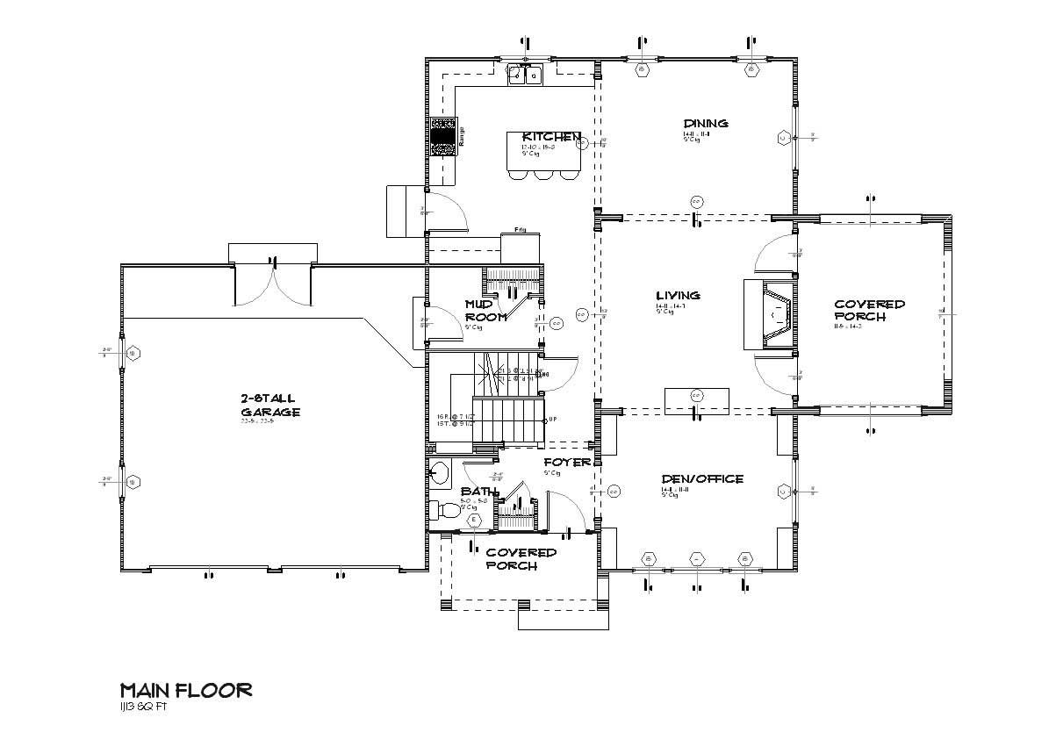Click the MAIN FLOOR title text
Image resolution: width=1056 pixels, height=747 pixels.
pos(185,690)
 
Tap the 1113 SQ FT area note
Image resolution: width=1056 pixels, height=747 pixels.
pos(143,707)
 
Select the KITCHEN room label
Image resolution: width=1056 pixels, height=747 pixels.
pos(550,137)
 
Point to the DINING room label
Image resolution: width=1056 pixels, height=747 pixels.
pos(706,123)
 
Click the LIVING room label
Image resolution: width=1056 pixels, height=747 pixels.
pos(678,296)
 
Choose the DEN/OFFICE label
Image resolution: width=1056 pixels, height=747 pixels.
pos(702,479)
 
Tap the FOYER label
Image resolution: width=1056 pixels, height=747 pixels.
pos(566,462)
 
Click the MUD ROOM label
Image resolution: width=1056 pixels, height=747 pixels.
pos(485,311)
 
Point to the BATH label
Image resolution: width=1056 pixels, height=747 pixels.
pos(478,492)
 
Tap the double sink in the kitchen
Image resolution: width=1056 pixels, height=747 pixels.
pos(526,76)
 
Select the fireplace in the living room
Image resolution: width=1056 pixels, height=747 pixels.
pos(769,314)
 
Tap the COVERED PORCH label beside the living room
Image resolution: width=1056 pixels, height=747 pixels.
pos(869,311)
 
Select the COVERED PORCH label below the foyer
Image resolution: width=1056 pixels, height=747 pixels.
pos(521,559)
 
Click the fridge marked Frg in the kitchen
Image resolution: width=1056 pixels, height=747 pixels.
pos(520,241)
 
